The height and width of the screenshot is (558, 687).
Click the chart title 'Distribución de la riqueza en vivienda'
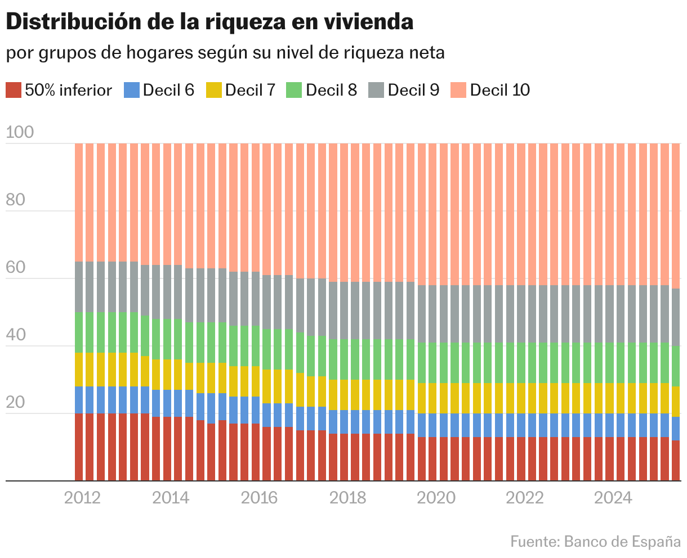coord(209,22)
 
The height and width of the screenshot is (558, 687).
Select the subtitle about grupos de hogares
coord(225,53)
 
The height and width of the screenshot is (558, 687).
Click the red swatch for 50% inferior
coord(14,90)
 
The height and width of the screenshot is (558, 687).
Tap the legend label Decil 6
coord(168,90)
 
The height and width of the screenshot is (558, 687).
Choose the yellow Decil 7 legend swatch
coord(213,90)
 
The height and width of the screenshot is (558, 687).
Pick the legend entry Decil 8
coord(331,90)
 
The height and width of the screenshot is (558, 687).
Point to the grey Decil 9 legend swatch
coord(376,90)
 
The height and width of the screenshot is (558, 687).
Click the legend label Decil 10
coord(499,90)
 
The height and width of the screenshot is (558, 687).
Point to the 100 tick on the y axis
coord(20,133)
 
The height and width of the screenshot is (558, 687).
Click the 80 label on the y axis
coord(16,200)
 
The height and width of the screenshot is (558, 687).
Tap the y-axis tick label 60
coord(16,268)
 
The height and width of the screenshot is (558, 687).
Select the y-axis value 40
coord(16,335)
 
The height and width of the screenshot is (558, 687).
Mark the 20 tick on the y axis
coord(16,403)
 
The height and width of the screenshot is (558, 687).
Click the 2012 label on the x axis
coord(82,498)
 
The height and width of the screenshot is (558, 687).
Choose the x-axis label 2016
coord(259,498)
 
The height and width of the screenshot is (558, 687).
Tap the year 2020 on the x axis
coord(436,498)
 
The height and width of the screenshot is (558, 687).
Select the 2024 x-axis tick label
coord(613,498)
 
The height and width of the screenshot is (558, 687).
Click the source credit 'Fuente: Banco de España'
coord(595,542)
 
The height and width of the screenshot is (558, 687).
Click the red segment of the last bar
coord(676,461)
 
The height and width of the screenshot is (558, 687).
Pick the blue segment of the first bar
coord(79,400)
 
